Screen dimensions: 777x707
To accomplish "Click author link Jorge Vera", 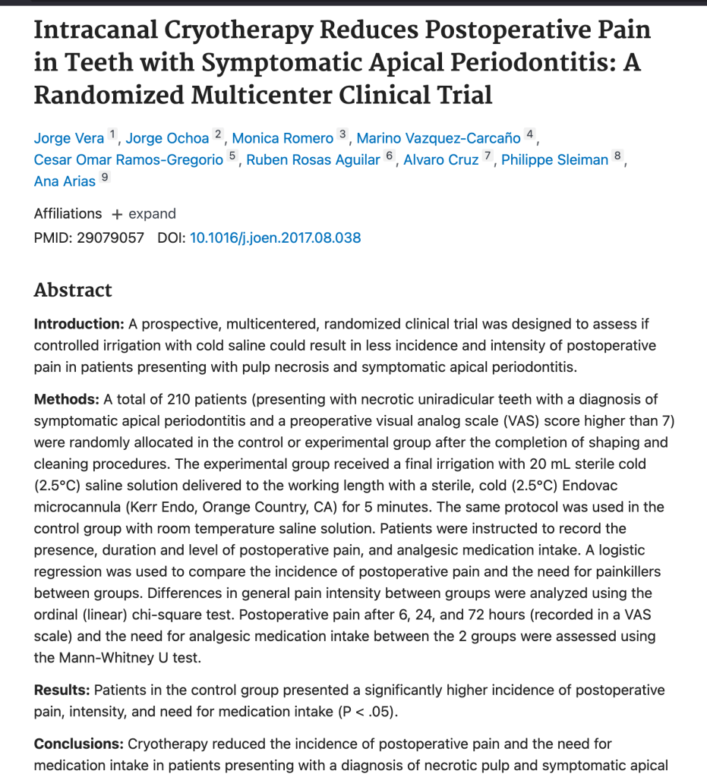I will click(69, 138).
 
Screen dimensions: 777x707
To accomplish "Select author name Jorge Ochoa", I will click(167, 138).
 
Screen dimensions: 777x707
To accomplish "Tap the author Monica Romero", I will click(282, 138).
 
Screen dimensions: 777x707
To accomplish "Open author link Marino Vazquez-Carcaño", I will click(438, 138).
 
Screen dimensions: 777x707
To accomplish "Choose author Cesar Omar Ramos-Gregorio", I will click(128, 159).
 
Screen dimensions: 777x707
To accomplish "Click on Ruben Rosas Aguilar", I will click(313, 159).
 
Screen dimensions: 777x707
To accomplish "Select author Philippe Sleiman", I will click(554, 159).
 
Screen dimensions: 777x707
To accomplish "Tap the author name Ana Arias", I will click(65, 181).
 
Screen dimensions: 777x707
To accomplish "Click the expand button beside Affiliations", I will click(144, 214).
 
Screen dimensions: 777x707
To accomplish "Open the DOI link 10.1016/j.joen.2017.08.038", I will click(275, 238).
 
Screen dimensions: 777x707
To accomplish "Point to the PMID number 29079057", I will click(110, 238).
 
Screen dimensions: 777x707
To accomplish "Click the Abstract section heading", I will click(73, 290).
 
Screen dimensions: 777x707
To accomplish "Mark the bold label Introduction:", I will click(79, 324).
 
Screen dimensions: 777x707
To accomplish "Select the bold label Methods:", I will click(67, 399).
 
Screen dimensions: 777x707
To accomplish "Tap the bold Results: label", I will click(63, 690).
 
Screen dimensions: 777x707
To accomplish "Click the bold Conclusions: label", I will click(79, 744).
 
